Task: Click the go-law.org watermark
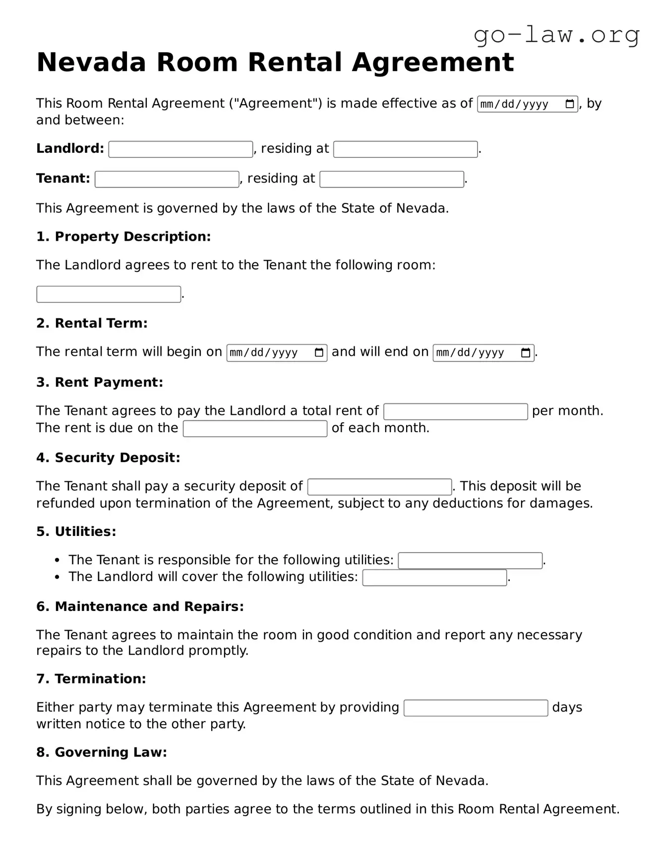[556, 35]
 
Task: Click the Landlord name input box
[180, 149]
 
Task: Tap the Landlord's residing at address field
[405, 149]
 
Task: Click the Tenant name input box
[167, 179]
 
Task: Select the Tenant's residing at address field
[391, 179]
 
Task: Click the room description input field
[109, 294]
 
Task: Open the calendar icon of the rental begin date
[319, 353]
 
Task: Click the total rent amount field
[455, 412]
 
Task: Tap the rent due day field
[255, 429]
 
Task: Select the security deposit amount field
[379, 487]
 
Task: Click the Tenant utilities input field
[470, 561]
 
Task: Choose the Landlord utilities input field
[434, 578]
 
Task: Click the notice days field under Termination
[476, 708]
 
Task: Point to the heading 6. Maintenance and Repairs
[140, 606]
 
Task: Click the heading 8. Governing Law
[101, 752]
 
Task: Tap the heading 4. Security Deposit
[108, 458]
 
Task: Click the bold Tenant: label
[63, 179]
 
